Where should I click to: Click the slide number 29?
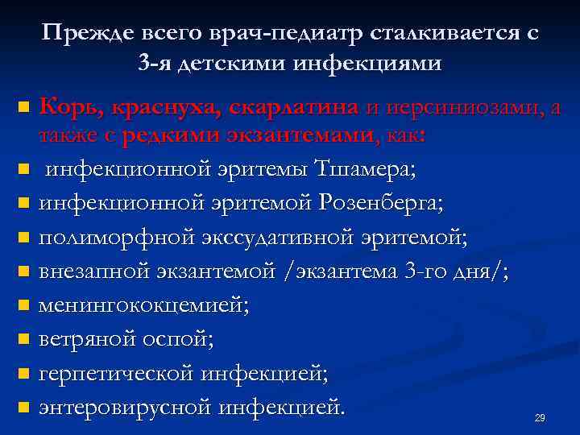pyautogui.click(x=540, y=417)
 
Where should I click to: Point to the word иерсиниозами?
pyautogui.click(x=464, y=106)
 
